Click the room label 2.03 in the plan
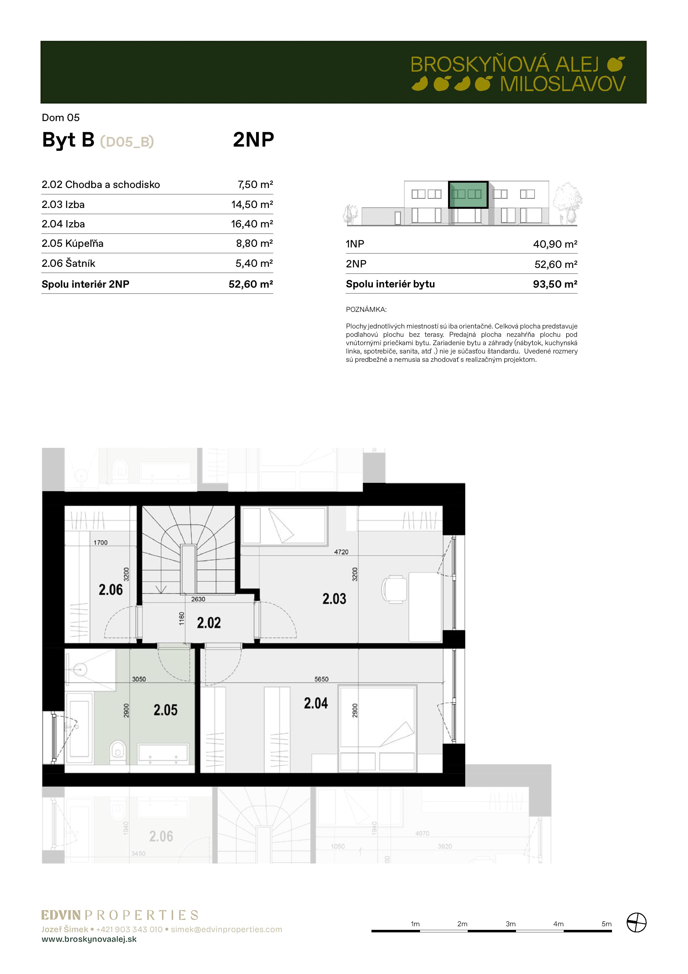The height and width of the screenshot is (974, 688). tap(334, 599)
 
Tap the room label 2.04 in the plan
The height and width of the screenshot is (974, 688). tap(316, 703)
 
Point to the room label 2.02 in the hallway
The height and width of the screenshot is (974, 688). tap(209, 623)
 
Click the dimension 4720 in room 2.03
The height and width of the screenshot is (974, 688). tap(341, 552)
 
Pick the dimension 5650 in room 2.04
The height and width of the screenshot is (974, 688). tap(321, 679)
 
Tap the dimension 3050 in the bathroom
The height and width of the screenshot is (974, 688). tap(139, 679)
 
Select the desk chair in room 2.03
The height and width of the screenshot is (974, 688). tap(394, 589)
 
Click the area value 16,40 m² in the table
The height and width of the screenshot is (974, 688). tap(252, 224)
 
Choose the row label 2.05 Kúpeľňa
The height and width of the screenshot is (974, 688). tap(72, 244)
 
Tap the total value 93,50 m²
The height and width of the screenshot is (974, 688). tap(555, 284)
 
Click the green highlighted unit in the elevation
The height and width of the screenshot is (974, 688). tap(468, 194)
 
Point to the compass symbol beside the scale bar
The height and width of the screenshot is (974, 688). tap(636, 923)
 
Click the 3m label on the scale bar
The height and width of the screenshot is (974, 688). tap(510, 923)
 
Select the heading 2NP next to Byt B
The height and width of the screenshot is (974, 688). tap(254, 140)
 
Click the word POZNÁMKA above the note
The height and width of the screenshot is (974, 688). tap(366, 310)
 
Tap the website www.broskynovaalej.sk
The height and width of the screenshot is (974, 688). tap(89, 939)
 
